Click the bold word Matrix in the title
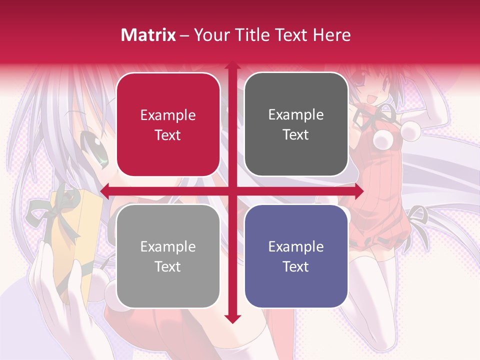pos(148,35)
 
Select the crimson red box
pos(168,124)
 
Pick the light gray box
pos(168,256)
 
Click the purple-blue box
pos(296,256)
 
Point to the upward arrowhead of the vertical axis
pos(232,65)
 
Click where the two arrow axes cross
pos(232,190)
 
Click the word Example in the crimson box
pos(168,115)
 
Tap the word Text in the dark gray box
pos(296,134)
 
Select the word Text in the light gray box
pos(168,266)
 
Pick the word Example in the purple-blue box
pos(296,246)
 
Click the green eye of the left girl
pos(102,155)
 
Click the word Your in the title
pos(210,35)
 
